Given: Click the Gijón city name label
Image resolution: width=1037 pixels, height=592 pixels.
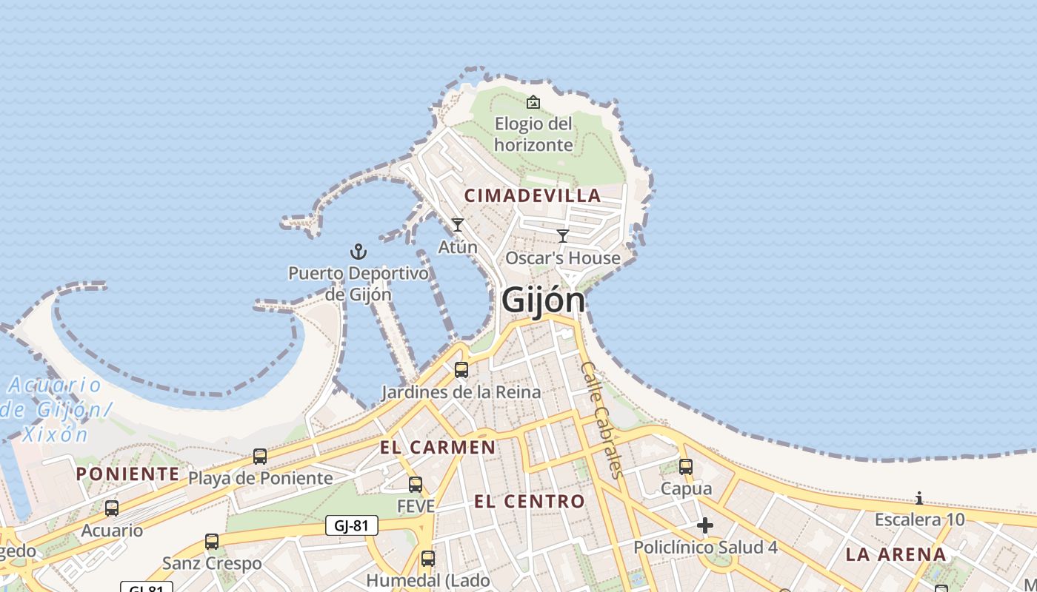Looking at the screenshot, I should pyautogui.click(x=544, y=300).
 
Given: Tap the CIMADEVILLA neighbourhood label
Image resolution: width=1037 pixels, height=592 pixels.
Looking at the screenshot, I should pyautogui.click(x=533, y=195).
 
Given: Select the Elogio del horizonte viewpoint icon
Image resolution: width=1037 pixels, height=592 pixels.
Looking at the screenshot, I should pyautogui.click(x=533, y=102).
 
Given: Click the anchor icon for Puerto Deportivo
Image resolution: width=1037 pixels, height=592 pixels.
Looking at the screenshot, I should pyautogui.click(x=359, y=252).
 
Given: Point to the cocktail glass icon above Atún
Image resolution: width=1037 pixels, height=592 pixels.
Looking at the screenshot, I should pyautogui.click(x=458, y=224).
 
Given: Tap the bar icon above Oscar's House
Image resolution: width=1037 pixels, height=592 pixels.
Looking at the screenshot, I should pyautogui.click(x=563, y=236).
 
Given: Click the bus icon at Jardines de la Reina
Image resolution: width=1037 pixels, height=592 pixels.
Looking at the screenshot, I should pyautogui.click(x=461, y=370).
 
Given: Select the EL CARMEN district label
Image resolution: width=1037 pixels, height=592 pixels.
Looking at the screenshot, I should pyautogui.click(x=438, y=447).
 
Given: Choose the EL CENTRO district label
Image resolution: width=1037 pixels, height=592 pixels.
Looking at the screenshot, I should pyautogui.click(x=530, y=501).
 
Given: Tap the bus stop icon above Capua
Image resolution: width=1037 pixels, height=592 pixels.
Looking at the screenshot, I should pyautogui.click(x=686, y=467).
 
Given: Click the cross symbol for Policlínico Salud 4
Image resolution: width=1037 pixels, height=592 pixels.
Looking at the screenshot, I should pyautogui.click(x=705, y=525).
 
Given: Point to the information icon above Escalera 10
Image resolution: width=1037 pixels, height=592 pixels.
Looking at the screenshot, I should pyautogui.click(x=919, y=498).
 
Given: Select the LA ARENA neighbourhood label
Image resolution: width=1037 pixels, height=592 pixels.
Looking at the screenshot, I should pyautogui.click(x=896, y=554).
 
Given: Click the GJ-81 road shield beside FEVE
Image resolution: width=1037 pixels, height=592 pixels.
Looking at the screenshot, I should pyautogui.click(x=352, y=525).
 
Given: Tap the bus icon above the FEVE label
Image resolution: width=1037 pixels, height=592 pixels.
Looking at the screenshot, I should pyautogui.click(x=416, y=485).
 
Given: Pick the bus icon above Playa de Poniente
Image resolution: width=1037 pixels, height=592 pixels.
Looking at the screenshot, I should pyautogui.click(x=260, y=457).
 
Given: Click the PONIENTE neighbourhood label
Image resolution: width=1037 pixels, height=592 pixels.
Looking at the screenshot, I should pyautogui.click(x=127, y=474).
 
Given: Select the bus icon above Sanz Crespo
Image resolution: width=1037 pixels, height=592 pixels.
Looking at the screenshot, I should pyautogui.click(x=212, y=542).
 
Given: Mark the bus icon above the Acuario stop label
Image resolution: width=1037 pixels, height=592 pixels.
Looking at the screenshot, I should pyautogui.click(x=112, y=508).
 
